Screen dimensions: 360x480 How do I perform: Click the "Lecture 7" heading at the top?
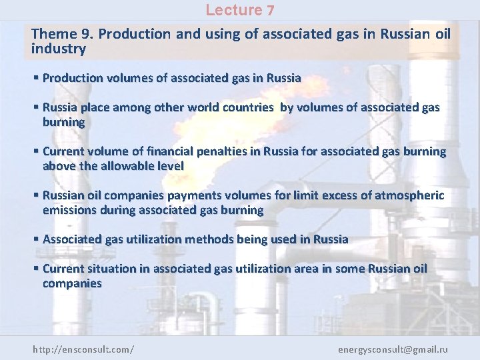click(239, 10)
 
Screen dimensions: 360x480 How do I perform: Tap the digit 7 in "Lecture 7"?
click(270, 10)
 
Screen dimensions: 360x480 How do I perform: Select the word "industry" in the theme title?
click(59, 49)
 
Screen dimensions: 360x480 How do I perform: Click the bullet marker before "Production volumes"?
click(36, 78)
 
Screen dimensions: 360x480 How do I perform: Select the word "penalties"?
click(218, 151)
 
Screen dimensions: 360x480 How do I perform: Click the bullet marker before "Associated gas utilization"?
click(36, 239)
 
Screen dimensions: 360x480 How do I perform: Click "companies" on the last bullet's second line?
click(72, 283)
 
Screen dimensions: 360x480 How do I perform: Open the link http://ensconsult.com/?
click(83, 349)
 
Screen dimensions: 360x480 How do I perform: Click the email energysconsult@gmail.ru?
click(393, 349)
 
